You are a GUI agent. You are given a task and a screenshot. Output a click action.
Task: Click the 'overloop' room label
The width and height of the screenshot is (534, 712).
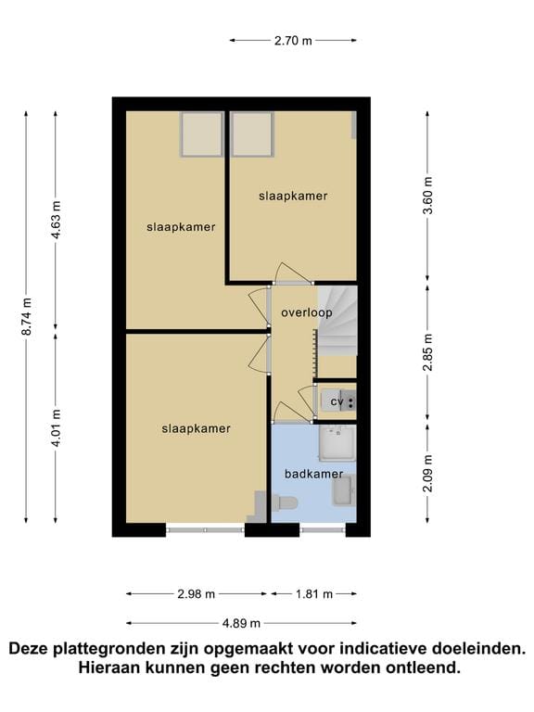pos(306,313)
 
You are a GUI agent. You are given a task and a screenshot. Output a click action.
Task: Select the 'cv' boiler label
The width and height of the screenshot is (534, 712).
pos(337,401)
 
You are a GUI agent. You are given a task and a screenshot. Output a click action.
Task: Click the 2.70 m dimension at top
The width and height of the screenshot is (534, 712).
pos(293,40)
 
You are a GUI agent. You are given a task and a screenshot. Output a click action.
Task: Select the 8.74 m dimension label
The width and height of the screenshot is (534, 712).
pos(27,315)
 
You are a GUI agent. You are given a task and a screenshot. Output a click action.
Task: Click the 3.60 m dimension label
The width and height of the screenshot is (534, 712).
pos(427,196)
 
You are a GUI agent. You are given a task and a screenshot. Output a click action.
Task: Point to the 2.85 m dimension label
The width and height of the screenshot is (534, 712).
pos(427,352)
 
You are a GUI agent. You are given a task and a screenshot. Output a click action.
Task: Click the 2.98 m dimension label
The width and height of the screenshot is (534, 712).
pos(196,594)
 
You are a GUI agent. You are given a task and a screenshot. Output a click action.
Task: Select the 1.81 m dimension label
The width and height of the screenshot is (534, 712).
pos(312,594)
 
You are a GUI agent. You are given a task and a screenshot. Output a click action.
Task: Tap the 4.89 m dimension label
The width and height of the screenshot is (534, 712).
pos(241,623)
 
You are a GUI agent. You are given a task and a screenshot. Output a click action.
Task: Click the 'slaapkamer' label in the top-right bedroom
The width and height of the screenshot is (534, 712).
pos(293,197)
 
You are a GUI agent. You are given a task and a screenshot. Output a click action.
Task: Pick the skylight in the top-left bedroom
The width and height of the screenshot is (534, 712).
pos(201,134)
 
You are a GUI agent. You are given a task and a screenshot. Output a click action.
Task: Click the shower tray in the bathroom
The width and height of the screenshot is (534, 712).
pos(337,443)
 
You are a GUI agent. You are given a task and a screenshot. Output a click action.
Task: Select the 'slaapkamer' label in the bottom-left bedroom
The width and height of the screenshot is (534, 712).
pos(196,428)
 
